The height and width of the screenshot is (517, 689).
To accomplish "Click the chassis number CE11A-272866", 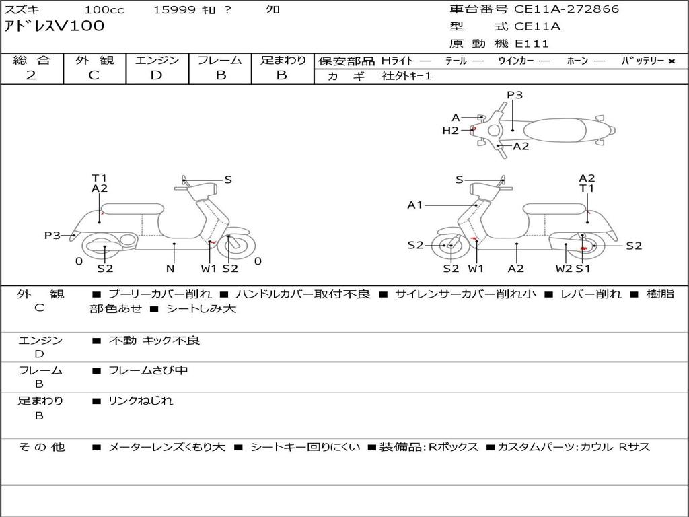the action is pos(567,9).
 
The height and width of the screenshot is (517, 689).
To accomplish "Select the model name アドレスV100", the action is pos(55,26).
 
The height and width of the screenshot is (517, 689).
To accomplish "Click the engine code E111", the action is pos(532,44).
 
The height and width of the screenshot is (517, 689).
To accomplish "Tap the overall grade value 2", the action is pos(31,75).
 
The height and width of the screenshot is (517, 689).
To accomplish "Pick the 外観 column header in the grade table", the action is pos(94,60).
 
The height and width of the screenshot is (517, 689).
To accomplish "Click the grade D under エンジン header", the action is pos(156,75).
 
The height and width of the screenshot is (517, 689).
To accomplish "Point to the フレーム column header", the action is pos(220,60).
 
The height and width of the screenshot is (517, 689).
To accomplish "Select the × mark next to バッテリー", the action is pos(672,61).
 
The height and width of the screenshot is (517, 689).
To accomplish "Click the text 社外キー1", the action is pos(406,76).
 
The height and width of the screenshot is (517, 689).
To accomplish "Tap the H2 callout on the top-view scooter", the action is pos(450,131).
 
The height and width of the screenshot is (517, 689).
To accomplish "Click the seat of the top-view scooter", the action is pos(554,130).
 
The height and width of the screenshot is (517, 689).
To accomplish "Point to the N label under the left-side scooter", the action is pos(170,268).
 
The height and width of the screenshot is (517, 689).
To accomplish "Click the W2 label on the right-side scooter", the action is pos(564,268).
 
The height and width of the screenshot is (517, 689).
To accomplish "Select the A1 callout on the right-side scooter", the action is pos(414,205).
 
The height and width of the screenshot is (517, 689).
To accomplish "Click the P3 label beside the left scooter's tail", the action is pos(52,235).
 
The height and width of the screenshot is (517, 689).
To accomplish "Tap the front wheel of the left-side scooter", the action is pos(237,245).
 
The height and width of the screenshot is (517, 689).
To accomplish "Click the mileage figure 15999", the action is pos(174,9).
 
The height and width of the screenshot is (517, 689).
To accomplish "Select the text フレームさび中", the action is pos(149,371).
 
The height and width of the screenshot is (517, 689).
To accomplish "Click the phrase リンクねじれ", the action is pos(141,401).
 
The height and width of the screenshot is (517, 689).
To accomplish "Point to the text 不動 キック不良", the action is pos(154,340).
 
